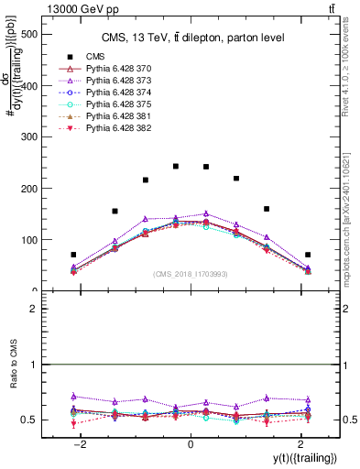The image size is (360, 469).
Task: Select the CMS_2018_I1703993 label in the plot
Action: click(190, 274)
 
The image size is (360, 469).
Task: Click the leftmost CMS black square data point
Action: click(73, 255)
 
